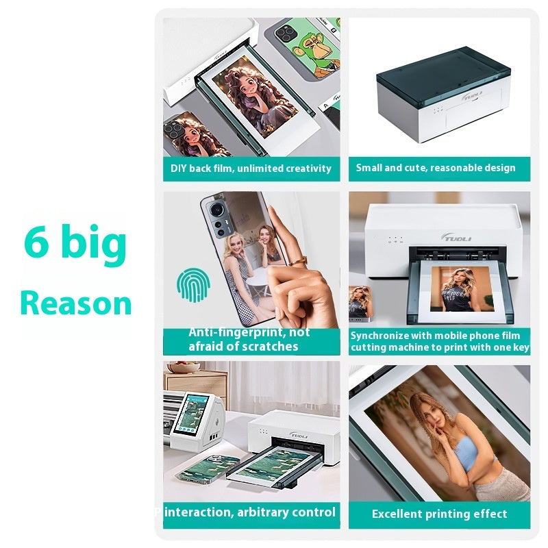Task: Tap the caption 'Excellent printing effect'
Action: tap(439, 514)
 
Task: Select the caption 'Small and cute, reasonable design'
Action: tap(435, 168)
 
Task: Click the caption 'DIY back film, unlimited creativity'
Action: tap(251, 168)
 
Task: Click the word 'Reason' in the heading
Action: tap(75, 303)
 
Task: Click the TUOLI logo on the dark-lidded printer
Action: tap(471, 96)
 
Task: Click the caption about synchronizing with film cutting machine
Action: tap(439, 341)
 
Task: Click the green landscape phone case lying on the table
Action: tap(206, 476)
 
